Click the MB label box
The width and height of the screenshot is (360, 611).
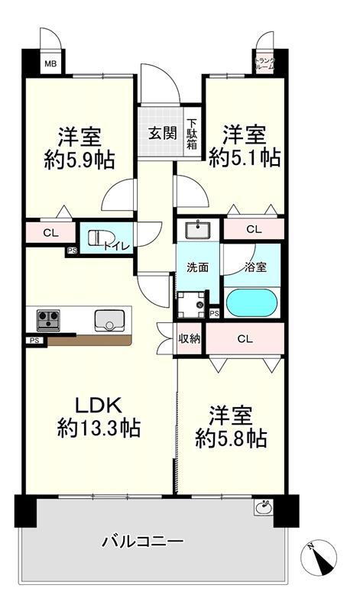pyautogui.click(x=48, y=63)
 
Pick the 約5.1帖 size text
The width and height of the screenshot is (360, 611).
pyautogui.click(x=245, y=157)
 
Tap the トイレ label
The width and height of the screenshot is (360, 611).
pyautogui.click(x=122, y=246)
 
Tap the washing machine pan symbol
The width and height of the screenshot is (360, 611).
pyautogui.click(x=192, y=304)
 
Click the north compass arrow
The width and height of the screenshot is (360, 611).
pyautogui.click(x=326, y=561)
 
